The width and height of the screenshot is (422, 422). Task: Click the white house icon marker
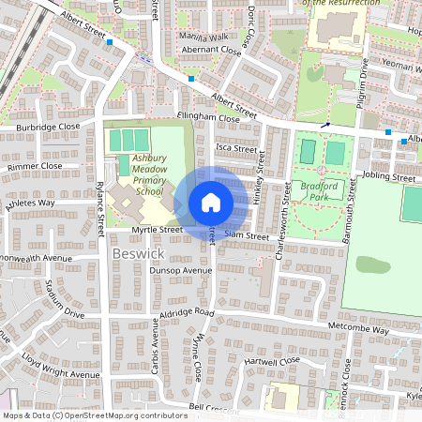[x=210, y=202]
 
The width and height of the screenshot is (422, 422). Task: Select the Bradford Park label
[x=317, y=193]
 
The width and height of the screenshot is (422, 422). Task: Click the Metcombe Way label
[x=359, y=330]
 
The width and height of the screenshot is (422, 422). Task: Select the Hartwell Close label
[x=271, y=360]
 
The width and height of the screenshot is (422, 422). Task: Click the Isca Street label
[x=235, y=148]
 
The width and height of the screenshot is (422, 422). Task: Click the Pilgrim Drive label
[x=363, y=80]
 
